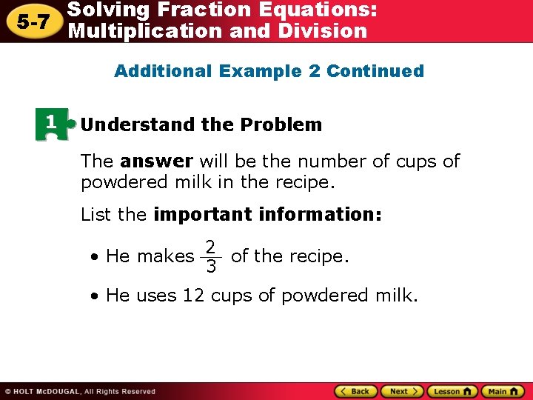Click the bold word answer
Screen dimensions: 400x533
tap(156, 161)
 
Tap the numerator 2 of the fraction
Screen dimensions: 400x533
tap(211, 247)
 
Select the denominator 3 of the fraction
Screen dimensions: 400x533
tap(211, 267)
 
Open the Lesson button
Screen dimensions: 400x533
tap(452, 391)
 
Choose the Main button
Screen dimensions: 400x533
tap(503, 391)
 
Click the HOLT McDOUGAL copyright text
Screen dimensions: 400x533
tap(80, 392)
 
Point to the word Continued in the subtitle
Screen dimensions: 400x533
tap(375, 72)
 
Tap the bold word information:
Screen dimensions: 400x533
tap(321, 215)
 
